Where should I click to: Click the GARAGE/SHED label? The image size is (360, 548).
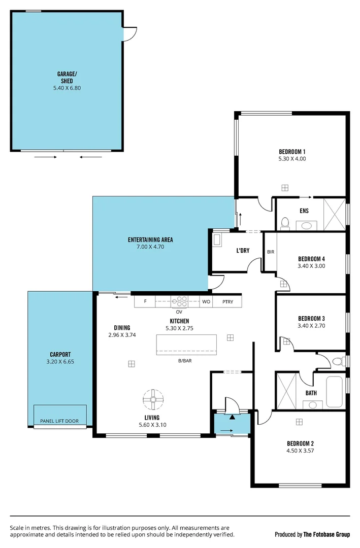66,77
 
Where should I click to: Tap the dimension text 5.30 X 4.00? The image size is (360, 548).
292,159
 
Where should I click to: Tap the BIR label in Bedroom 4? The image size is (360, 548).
270,251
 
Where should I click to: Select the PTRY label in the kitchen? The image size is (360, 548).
227,302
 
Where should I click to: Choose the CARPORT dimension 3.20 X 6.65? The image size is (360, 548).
60,362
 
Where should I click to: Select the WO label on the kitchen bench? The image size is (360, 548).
206,302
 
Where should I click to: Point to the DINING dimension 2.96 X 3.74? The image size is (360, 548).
122,335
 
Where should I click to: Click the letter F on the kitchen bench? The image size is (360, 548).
145,302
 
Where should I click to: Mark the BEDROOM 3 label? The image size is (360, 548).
311,319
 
